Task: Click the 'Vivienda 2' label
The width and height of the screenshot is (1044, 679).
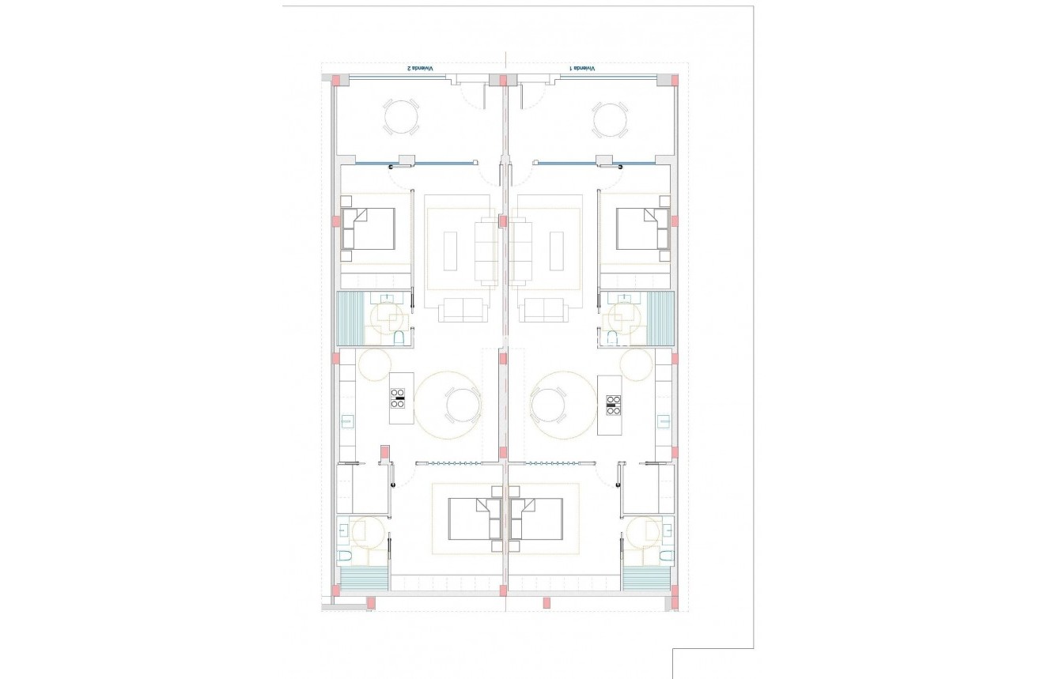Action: coord(420,69)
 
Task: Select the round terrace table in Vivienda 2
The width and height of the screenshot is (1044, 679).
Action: coord(402,118)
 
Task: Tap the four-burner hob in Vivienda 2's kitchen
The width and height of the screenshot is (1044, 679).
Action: coord(399,399)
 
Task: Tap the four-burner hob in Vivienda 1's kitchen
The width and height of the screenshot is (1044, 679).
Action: coord(613,405)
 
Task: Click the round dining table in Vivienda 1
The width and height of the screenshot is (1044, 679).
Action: coord(549,406)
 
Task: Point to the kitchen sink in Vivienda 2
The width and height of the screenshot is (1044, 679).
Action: coord(346,421)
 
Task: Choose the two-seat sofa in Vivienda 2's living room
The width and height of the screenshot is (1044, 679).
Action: coord(463,310)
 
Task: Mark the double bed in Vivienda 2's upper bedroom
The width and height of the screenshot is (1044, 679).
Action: coord(369,228)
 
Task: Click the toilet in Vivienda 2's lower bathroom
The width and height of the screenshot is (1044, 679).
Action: coord(345,556)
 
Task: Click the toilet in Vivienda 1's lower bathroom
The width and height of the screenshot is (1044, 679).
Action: coord(665,556)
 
